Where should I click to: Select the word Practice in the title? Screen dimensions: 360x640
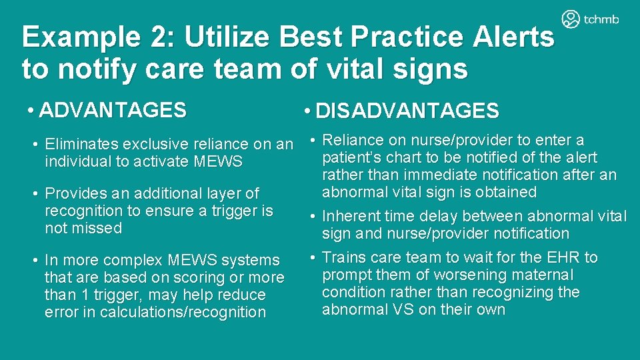(x=407, y=39)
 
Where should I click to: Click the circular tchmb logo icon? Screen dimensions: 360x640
(x=571, y=19)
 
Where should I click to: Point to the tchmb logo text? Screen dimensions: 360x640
(x=601, y=20)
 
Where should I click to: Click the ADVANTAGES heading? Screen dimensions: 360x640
(x=113, y=110)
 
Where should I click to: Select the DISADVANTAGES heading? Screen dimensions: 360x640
(x=407, y=111)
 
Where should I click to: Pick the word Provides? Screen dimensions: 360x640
(x=71, y=193)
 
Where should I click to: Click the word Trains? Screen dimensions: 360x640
(x=341, y=257)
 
